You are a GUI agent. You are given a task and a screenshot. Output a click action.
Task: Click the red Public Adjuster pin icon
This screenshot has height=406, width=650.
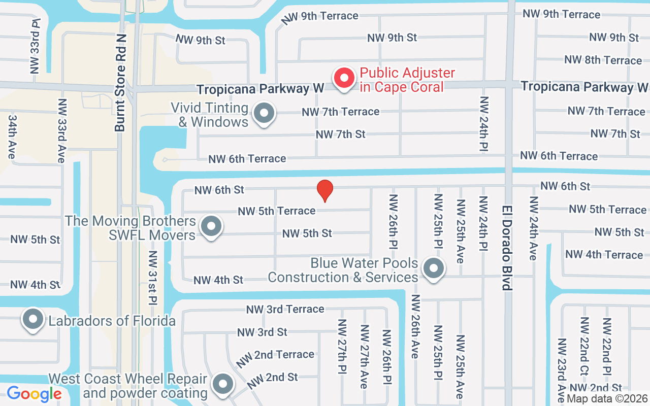(x=344, y=79)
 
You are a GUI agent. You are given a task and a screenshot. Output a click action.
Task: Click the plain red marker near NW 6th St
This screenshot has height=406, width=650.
(x=325, y=191)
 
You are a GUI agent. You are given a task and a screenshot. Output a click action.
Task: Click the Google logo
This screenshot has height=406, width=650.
(x=34, y=394)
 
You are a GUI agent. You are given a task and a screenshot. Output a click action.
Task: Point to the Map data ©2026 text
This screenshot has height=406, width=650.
(x=607, y=399)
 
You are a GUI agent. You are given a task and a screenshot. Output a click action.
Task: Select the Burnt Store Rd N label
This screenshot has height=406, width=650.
(x=120, y=97)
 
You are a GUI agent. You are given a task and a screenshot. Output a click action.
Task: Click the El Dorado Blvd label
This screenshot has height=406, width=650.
(x=506, y=248)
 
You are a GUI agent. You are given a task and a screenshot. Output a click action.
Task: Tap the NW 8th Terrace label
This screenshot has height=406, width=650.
(x=603, y=60)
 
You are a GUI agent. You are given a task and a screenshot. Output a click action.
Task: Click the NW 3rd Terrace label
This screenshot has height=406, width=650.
(x=285, y=309)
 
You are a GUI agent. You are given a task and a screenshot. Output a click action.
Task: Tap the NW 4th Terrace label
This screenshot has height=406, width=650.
(x=604, y=254)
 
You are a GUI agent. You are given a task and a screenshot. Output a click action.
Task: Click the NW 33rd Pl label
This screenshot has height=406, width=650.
(x=35, y=46)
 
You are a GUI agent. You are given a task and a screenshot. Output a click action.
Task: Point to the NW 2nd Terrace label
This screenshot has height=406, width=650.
(x=275, y=355)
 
